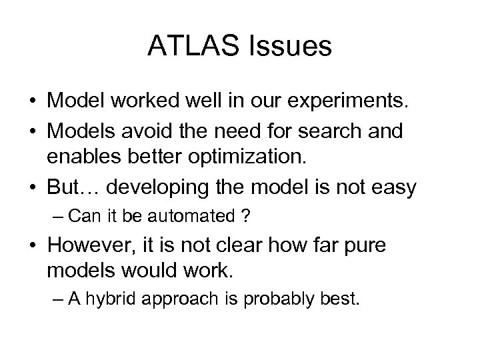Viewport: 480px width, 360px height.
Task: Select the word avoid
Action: (134, 132)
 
